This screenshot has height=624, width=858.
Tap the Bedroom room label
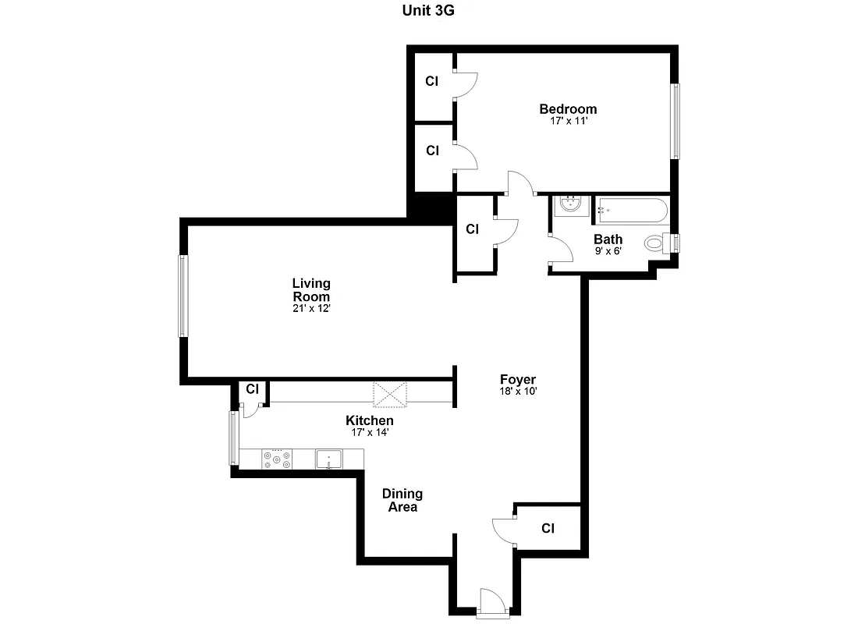568,109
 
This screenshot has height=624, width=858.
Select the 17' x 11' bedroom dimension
568,121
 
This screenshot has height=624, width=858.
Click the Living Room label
311,289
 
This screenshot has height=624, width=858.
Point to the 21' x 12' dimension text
311,308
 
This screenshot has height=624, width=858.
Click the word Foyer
518,380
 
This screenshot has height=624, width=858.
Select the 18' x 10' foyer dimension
518,392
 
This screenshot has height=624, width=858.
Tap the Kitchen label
370,420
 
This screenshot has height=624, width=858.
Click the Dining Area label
402,500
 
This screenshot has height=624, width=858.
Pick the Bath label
608,239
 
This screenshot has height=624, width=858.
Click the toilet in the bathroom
655,243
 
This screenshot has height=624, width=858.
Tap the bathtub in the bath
632,210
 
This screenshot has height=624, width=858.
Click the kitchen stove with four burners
277,459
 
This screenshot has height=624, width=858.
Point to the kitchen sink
329,459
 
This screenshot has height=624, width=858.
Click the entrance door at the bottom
491,604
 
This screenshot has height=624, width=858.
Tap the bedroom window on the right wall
676,121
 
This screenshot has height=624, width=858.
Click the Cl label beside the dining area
548,528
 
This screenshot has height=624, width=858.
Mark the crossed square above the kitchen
390,394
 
